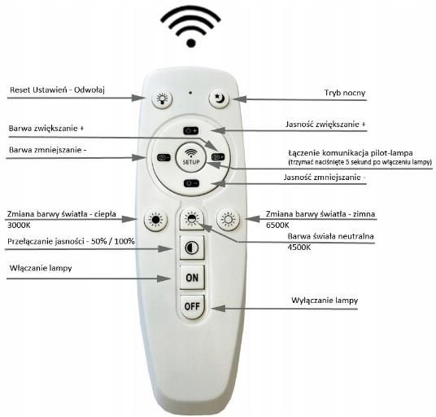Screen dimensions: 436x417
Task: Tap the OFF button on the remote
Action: (x=192, y=306)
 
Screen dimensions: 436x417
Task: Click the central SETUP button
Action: (x=191, y=156)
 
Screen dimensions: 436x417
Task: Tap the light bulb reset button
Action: (x=162, y=99)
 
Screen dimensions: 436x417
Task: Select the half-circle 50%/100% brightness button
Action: (x=192, y=248)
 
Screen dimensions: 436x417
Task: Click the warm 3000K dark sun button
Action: (x=155, y=220)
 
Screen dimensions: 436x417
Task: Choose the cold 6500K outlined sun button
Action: (x=229, y=220)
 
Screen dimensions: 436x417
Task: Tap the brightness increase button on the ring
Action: (x=191, y=130)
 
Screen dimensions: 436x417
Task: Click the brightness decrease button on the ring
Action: (x=191, y=183)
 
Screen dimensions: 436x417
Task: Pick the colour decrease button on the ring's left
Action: (x=163, y=157)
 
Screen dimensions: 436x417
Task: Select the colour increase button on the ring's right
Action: (x=218, y=157)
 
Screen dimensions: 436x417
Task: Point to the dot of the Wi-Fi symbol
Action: (x=191, y=43)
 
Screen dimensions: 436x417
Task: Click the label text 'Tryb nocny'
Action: (x=345, y=93)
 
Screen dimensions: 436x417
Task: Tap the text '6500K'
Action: (x=277, y=226)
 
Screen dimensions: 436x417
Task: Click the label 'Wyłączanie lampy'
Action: (x=325, y=301)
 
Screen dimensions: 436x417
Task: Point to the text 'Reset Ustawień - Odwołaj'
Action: (x=57, y=90)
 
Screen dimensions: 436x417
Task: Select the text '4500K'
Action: (x=299, y=248)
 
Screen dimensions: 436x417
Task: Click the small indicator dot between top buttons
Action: (x=190, y=93)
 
